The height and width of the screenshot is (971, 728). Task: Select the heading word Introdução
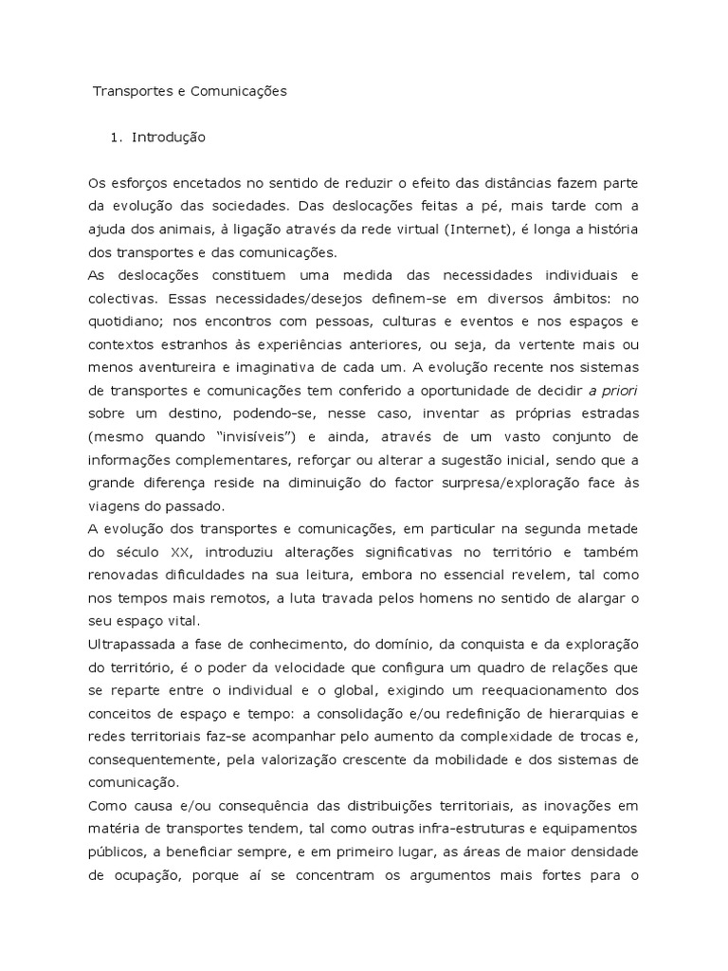tap(168, 137)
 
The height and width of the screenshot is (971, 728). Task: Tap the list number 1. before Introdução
tap(117, 137)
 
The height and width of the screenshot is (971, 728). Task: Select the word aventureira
tap(191, 365)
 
